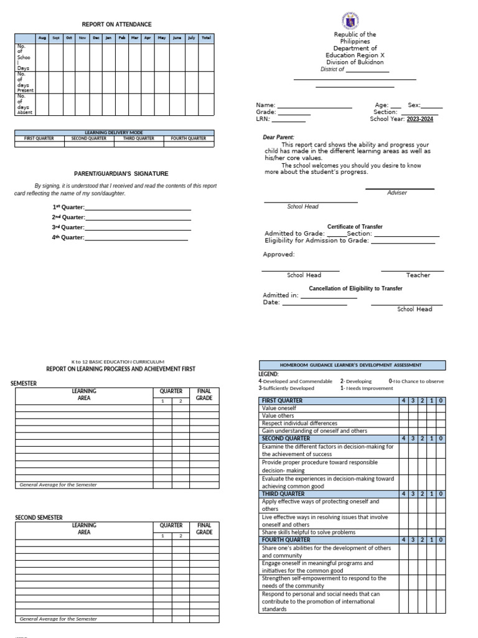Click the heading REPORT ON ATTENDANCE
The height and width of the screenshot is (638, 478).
[x=116, y=24]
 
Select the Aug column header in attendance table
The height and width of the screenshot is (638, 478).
[x=42, y=38]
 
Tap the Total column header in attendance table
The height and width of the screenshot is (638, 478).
[x=206, y=38]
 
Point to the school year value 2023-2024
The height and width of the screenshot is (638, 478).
[x=419, y=119]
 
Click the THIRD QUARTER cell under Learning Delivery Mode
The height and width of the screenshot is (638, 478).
[x=138, y=138]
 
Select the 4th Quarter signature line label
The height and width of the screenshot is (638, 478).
[x=68, y=237]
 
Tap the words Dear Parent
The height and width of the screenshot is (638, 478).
[x=279, y=137]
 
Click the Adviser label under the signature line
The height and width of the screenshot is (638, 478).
[x=397, y=193]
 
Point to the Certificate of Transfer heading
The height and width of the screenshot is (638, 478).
[x=355, y=227]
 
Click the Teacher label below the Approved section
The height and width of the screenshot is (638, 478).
[x=418, y=275]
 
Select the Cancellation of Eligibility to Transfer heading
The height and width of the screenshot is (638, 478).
[x=355, y=288]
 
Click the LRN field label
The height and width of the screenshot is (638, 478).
[x=263, y=119]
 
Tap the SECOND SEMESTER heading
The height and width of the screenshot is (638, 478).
[x=39, y=518]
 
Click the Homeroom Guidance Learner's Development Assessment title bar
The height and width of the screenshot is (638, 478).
[x=352, y=365]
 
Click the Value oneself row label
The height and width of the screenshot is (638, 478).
[x=279, y=408]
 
